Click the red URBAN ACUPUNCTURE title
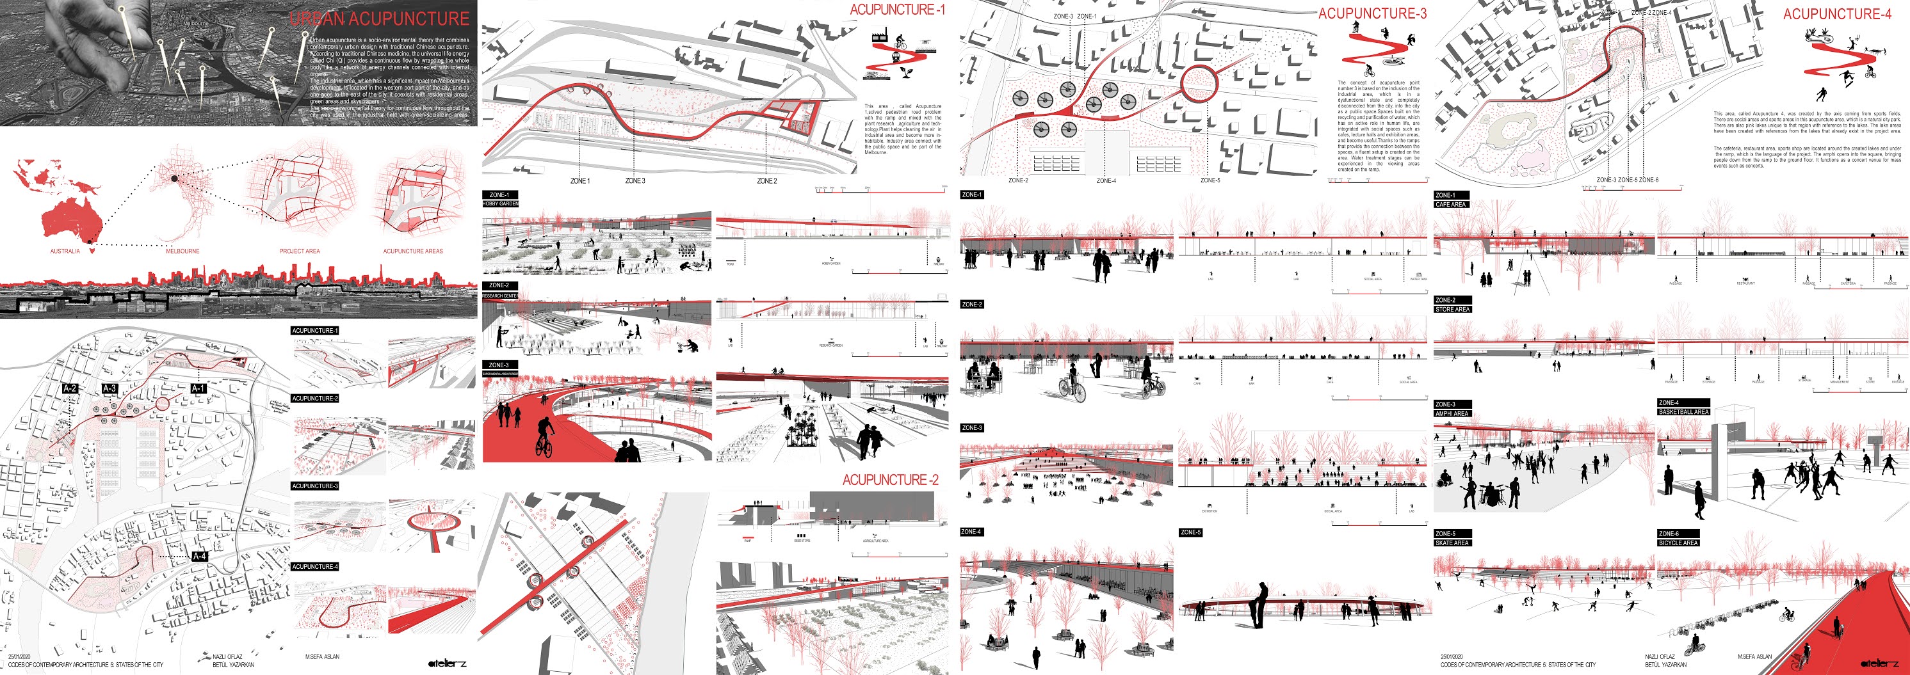point(379,19)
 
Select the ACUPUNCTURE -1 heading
point(897,10)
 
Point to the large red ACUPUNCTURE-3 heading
point(1372,13)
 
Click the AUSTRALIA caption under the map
point(65,251)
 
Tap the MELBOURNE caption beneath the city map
point(182,251)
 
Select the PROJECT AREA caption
point(300,251)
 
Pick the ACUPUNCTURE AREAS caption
point(413,251)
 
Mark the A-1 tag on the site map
point(198,388)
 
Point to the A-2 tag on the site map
point(70,388)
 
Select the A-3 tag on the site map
point(109,388)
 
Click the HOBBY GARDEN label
point(501,203)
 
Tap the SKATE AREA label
point(1452,543)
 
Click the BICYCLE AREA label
point(1678,543)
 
